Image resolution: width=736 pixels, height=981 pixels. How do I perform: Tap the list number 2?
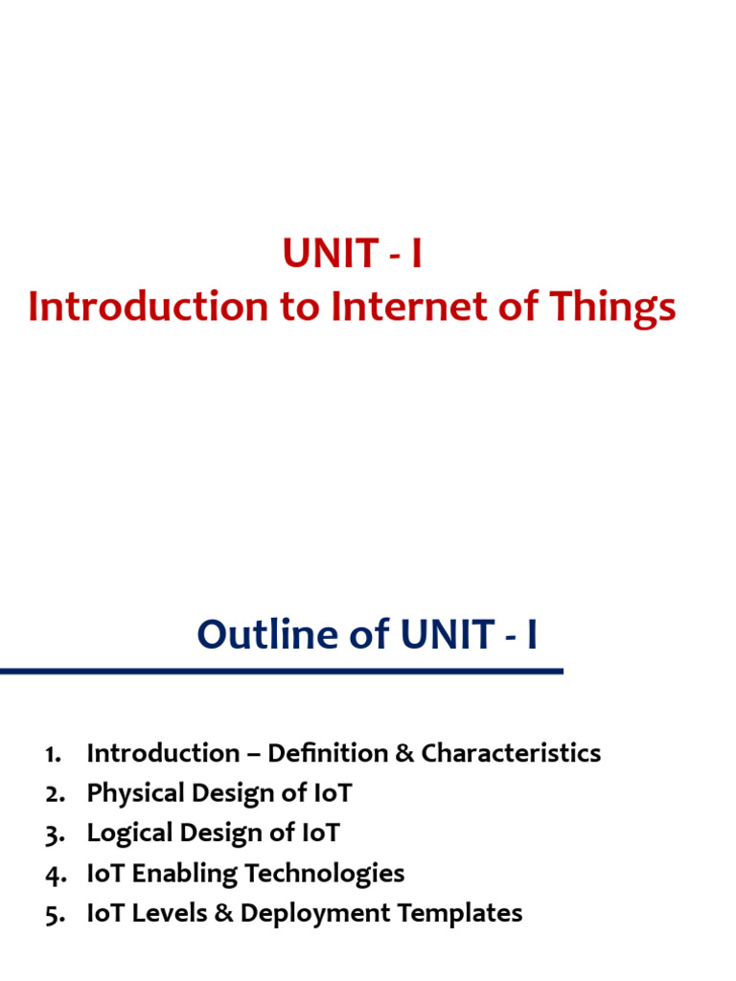(53, 794)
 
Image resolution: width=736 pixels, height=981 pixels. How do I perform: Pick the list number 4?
(53, 874)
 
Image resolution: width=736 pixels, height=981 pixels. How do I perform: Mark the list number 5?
(53, 914)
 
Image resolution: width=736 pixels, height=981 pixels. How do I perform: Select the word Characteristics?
(511, 753)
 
